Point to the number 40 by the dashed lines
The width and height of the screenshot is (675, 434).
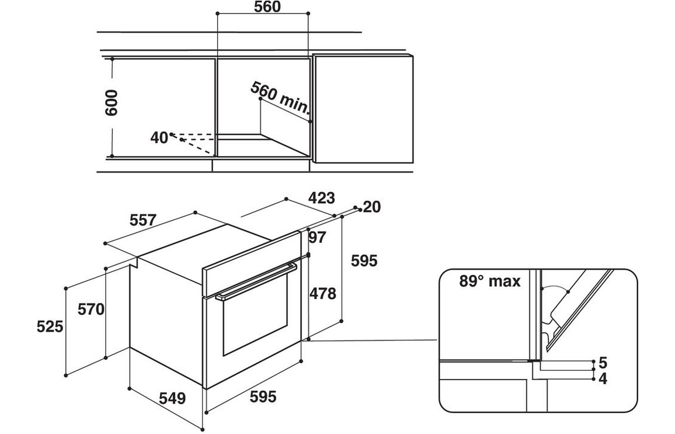coord(159,137)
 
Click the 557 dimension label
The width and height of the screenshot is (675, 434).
coord(142,220)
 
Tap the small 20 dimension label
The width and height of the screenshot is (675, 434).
coord(371,207)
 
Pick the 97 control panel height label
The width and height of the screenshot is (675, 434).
coord(317,237)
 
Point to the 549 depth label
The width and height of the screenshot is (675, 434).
coord(171,398)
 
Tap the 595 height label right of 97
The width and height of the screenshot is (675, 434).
coord(363,261)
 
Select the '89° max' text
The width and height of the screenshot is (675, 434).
coord(489,281)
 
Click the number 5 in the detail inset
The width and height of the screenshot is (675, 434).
coord(603,361)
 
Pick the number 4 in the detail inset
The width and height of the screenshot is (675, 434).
coord(603,378)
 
